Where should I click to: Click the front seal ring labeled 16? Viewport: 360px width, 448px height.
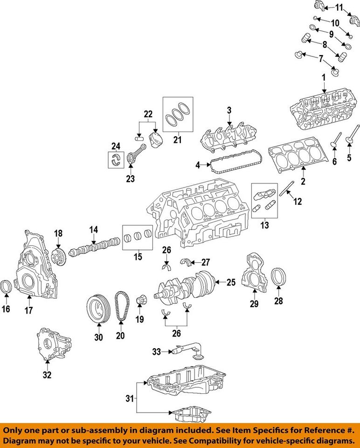[7, 287]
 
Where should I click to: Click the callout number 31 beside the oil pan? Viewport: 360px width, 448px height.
[130, 399]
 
